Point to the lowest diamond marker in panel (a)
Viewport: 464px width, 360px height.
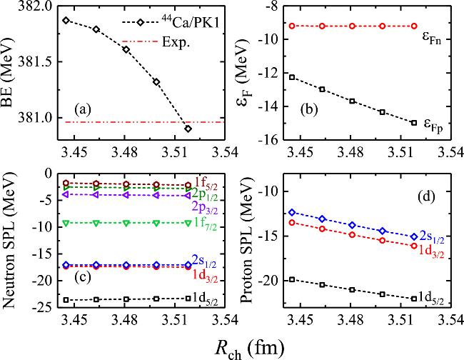click(187, 129)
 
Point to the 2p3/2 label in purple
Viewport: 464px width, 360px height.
click(201, 206)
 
